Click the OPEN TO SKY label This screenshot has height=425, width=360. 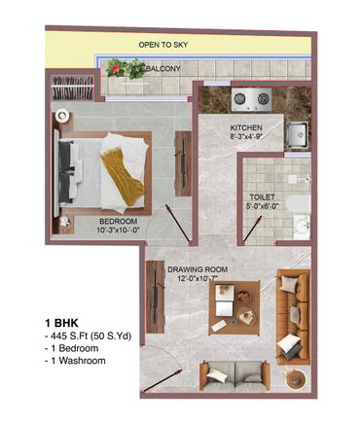[x=163, y=45]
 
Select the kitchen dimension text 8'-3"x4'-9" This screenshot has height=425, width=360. [x=246, y=136]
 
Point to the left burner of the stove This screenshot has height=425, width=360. [x=240, y=98]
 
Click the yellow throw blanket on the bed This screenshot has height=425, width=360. [x=123, y=176]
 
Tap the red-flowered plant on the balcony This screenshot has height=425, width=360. [x=115, y=68]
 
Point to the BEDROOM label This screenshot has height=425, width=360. [x=118, y=222]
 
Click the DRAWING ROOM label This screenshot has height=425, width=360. [x=198, y=269]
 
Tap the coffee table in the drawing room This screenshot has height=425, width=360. [x=234, y=307]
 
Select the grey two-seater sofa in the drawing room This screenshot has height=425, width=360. [x=234, y=375]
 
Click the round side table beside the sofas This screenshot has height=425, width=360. [x=295, y=378]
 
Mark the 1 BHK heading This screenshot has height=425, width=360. [x=61, y=323]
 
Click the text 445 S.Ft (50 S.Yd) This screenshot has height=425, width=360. [x=88, y=336]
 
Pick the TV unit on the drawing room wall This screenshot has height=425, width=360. [x=156, y=297]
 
